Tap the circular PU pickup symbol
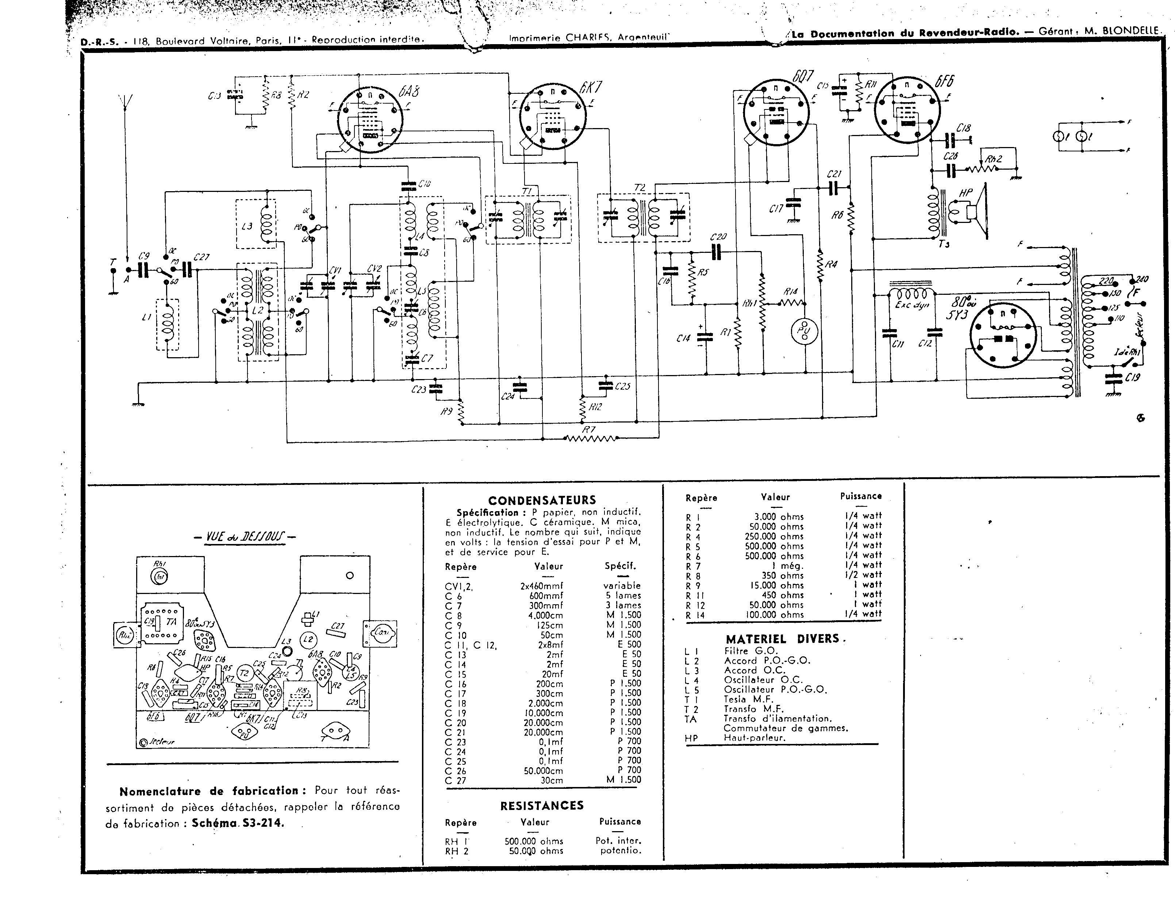(805, 330)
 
